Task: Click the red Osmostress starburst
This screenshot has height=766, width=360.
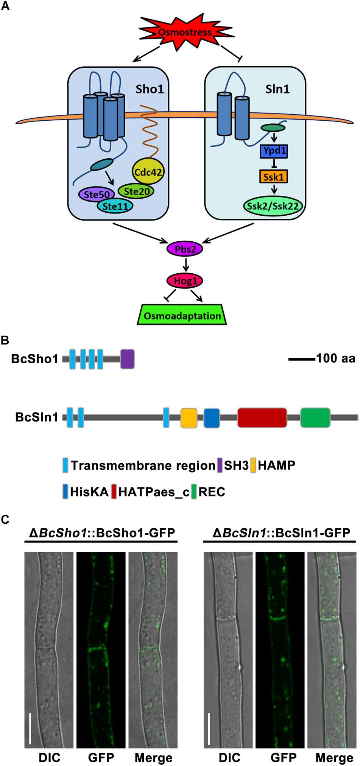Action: (x=184, y=32)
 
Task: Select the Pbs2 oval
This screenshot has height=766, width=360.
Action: (x=185, y=249)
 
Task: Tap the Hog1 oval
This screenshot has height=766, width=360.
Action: (x=185, y=281)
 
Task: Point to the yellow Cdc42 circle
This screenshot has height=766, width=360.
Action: (x=148, y=172)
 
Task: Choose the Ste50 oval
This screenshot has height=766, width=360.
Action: (x=96, y=195)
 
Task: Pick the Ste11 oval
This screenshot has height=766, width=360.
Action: (x=115, y=206)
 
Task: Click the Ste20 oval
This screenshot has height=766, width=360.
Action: (x=136, y=191)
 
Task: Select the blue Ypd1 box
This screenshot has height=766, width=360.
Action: (x=274, y=151)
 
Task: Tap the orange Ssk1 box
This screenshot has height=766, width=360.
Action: (x=274, y=176)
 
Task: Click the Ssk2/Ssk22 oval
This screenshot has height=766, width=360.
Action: (x=273, y=206)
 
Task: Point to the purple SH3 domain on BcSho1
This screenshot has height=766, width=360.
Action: (x=128, y=359)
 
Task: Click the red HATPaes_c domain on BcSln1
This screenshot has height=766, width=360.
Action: (x=262, y=417)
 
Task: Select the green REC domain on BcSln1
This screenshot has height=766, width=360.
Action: (x=315, y=417)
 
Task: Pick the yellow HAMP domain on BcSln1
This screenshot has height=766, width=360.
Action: (x=189, y=418)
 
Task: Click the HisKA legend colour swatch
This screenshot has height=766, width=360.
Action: (x=65, y=491)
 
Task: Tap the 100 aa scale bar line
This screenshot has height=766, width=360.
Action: (x=302, y=358)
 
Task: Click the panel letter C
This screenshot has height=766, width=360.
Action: (x=5, y=519)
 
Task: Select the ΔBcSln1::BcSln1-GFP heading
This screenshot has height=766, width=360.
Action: (x=281, y=533)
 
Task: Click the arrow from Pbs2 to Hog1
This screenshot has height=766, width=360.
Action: (x=185, y=265)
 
